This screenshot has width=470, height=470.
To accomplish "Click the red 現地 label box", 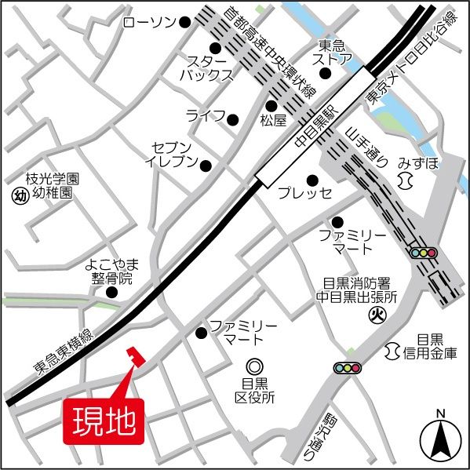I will (103, 421).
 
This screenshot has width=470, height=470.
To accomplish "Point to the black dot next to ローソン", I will (185, 23).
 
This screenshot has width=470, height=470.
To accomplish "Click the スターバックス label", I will (209, 68).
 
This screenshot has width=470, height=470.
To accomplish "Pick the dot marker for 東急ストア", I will (325, 75).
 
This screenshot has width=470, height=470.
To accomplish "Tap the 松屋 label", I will (271, 121).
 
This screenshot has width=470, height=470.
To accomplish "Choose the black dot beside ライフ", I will (232, 119).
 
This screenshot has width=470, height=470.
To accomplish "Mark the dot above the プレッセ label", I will (312, 180).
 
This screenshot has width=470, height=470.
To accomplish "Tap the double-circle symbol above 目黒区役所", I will (253, 366).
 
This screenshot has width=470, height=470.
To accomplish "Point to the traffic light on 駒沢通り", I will (348, 367).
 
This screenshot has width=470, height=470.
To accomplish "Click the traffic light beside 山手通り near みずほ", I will (423, 253).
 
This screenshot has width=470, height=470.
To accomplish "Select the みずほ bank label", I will (417, 162).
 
